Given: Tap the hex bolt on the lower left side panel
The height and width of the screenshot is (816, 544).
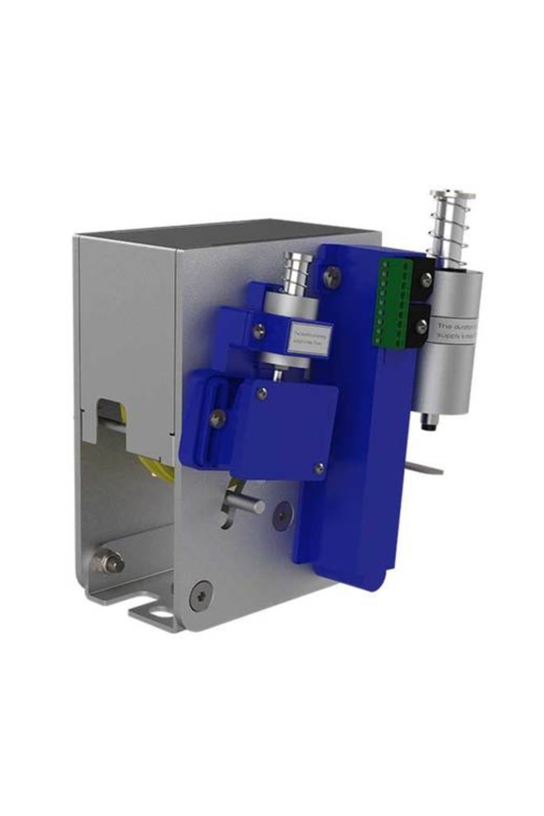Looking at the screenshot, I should tap(108, 563).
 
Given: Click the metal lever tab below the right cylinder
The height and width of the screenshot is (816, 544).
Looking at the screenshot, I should tap(428, 468).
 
